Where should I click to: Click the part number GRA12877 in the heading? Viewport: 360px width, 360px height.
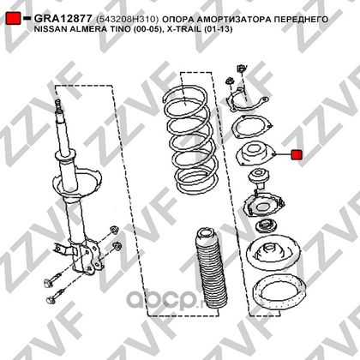pyautogui.click(x=63, y=19)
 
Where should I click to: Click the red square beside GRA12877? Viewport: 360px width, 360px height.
pyautogui.click(x=13, y=18)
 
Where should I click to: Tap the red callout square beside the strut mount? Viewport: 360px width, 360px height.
pyautogui.click(x=297, y=155)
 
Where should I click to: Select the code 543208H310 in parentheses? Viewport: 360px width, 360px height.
pyautogui.click(x=128, y=19)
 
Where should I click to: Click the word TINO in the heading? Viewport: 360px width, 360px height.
pyautogui.click(x=119, y=29)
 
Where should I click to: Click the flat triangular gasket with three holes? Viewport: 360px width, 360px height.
pyautogui.click(x=251, y=126)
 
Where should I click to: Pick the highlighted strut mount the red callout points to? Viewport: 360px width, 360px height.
pyautogui.click(x=255, y=155)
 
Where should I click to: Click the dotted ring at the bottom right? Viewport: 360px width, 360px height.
pyautogui.click(x=280, y=295)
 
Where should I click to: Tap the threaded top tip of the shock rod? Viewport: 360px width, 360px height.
pyautogui.click(x=58, y=102)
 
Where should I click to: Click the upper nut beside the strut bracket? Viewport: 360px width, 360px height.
pyautogui.click(x=115, y=230)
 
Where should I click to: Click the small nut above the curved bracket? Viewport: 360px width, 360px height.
pyautogui.click(x=229, y=81)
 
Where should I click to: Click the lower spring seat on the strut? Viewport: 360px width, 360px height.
pyautogui.click(x=78, y=183)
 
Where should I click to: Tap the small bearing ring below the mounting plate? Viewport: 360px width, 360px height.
pyautogui.click(x=266, y=227)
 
